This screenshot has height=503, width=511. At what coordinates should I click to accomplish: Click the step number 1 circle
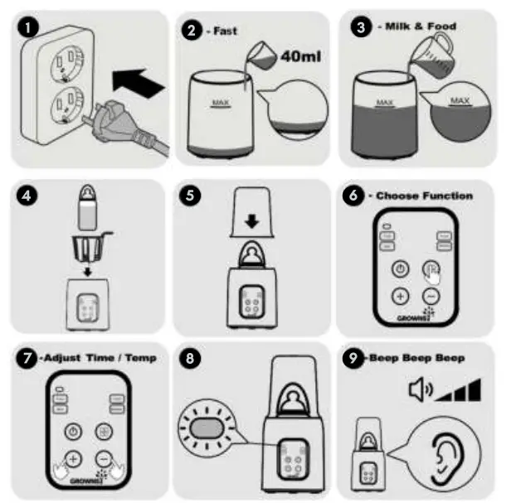tap(30, 27)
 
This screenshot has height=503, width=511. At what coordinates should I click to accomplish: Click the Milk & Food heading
tap(420, 27)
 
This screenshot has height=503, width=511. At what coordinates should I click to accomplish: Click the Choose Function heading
tap(426, 196)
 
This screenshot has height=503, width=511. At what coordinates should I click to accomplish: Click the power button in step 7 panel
tap(73, 431)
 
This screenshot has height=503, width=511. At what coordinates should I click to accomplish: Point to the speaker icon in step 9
tap(420, 389)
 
